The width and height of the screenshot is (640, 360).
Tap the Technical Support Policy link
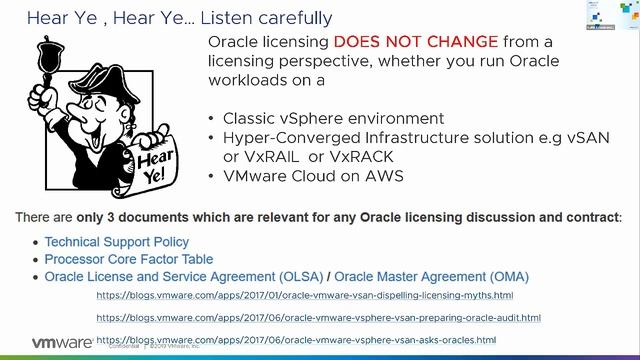[x=117, y=242]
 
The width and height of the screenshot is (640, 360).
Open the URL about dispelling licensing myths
[x=304, y=296]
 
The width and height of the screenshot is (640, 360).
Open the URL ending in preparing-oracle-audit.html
[x=318, y=317]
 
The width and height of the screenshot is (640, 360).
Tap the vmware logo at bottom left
[x=63, y=342]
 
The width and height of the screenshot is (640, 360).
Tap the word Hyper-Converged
[x=281, y=137]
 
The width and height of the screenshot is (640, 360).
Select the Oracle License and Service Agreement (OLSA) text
[x=187, y=276]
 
